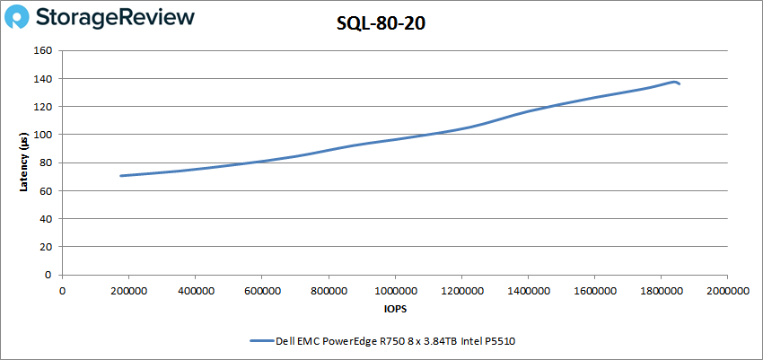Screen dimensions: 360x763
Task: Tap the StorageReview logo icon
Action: click(22, 19)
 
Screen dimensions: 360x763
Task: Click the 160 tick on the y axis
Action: click(42, 50)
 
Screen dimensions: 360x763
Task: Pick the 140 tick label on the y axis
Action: click(42, 79)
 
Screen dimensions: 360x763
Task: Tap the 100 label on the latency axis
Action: click(42, 135)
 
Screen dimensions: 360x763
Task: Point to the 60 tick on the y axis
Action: click(45, 190)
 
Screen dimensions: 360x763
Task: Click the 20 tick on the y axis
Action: click(45, 247)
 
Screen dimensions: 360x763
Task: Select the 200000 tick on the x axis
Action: click(128, 290)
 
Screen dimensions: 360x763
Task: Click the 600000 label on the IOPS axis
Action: click(261, 290)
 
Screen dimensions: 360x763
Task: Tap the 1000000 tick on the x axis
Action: click(395, 290)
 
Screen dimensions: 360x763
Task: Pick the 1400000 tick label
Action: click(528, 290)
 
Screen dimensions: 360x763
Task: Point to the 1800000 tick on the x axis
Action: click(661, 290)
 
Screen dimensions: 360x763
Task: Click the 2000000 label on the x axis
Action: click(727, 290)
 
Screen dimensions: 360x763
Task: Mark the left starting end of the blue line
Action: click(121, 176)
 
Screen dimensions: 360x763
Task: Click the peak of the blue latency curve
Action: click(673, 82)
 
